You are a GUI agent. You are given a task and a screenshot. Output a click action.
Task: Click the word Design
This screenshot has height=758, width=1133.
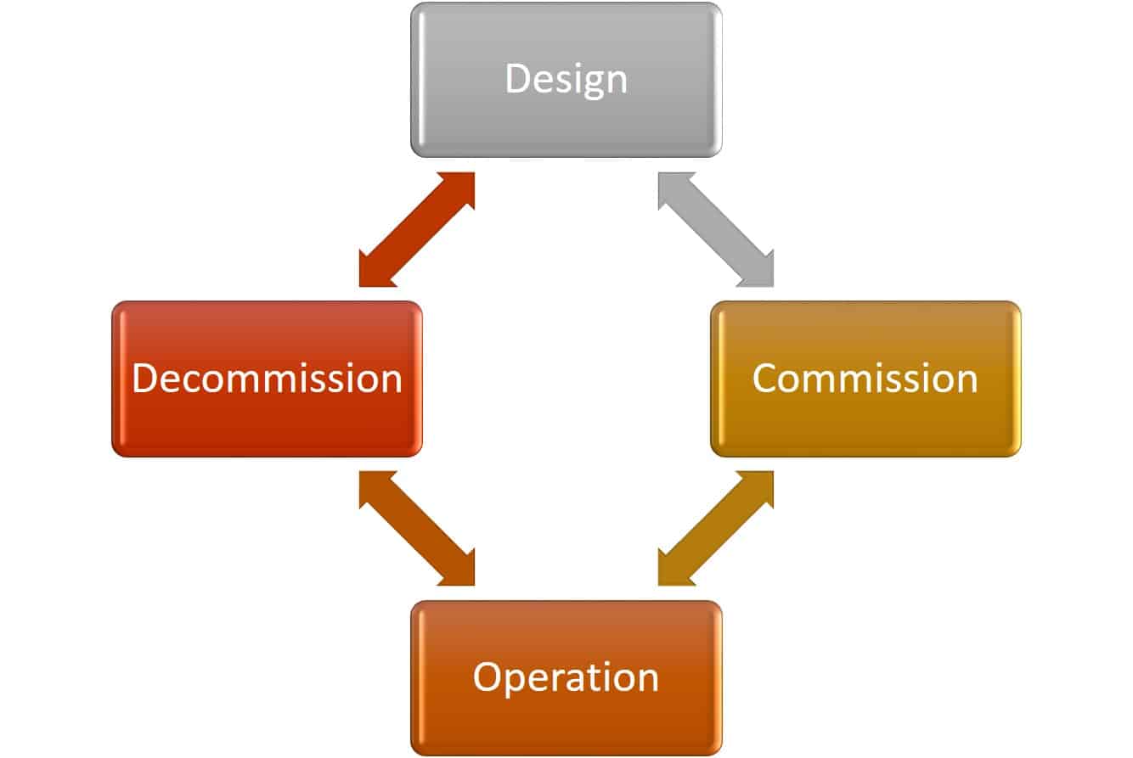[566, 79]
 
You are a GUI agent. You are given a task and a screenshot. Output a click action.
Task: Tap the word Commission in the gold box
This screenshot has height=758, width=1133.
[865, 378]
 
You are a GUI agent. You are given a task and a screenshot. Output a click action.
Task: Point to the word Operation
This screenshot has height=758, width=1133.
[566, 677]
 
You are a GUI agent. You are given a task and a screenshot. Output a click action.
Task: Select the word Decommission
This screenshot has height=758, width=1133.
[267, 378]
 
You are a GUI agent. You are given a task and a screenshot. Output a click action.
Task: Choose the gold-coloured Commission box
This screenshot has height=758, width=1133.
[865, 424]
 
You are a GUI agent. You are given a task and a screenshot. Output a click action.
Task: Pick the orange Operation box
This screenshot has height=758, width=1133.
[566, 722]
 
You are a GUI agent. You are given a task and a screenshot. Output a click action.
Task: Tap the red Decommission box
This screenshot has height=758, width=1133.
[267, 424]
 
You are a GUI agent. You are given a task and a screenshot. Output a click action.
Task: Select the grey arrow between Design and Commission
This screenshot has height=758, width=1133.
[716, 229]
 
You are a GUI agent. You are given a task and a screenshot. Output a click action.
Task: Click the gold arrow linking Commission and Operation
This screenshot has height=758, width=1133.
[716, 528]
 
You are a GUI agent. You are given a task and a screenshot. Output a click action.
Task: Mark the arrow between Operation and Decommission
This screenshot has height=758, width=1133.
[416, 528]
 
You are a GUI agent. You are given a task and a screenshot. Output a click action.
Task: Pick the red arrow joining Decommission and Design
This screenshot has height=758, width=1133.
[416, 229]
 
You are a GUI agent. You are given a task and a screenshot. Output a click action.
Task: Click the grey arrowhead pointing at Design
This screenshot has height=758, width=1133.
[673, 187]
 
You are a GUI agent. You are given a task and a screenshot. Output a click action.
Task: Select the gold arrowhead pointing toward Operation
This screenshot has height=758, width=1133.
[673, 571]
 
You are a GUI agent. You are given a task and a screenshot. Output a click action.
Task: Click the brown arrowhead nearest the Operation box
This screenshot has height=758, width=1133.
[459, 571]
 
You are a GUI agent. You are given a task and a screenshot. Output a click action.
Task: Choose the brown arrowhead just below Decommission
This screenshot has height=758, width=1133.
[374, 486]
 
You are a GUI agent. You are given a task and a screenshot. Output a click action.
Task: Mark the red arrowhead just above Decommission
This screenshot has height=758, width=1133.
[374, 272]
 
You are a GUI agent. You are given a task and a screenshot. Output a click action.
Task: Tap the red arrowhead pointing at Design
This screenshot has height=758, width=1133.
[459, 187]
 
